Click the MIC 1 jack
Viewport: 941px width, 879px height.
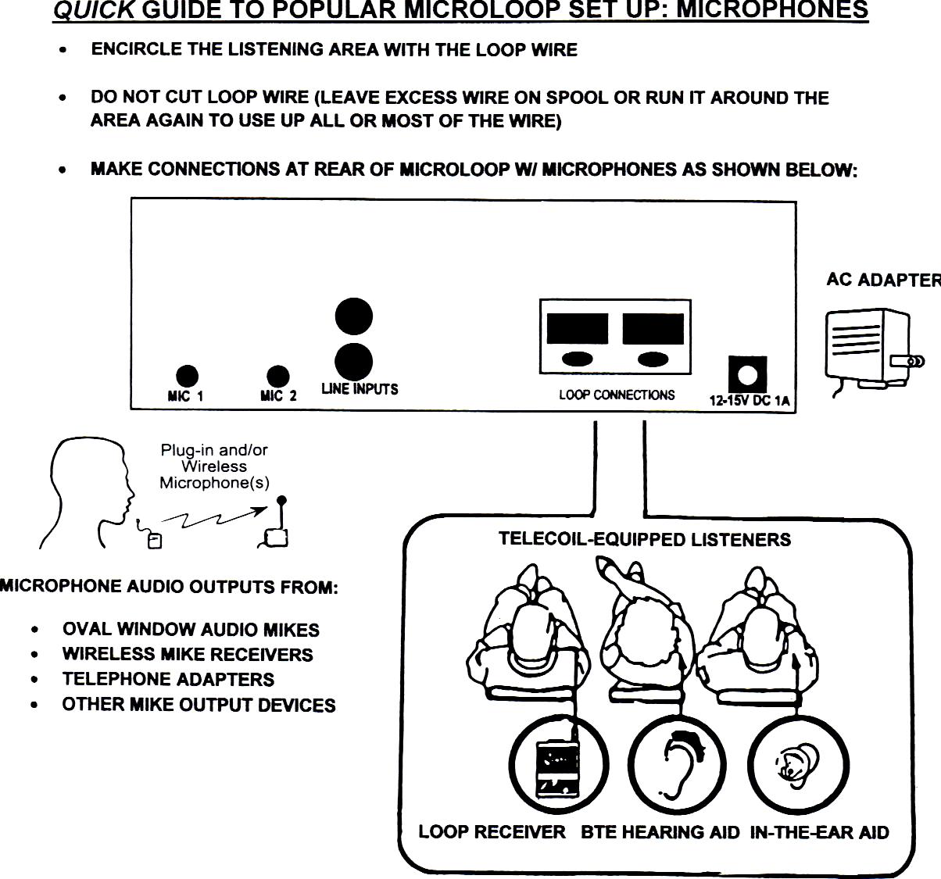pos(186,377)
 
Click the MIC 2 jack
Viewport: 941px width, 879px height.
pos(277,377)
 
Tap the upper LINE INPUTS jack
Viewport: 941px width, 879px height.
pos(353,317)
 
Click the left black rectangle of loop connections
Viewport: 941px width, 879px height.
pos(577,329)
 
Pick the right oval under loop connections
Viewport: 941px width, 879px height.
pos(653,359)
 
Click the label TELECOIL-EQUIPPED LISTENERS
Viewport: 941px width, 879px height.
pos(644,539)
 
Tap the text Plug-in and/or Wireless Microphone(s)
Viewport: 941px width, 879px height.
pos(214,466)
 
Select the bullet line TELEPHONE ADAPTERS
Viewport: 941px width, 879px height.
pos(168,679)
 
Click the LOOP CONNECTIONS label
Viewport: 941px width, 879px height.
pos(616,395)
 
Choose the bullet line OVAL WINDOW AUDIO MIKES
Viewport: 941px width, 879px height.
pos(191,630)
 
